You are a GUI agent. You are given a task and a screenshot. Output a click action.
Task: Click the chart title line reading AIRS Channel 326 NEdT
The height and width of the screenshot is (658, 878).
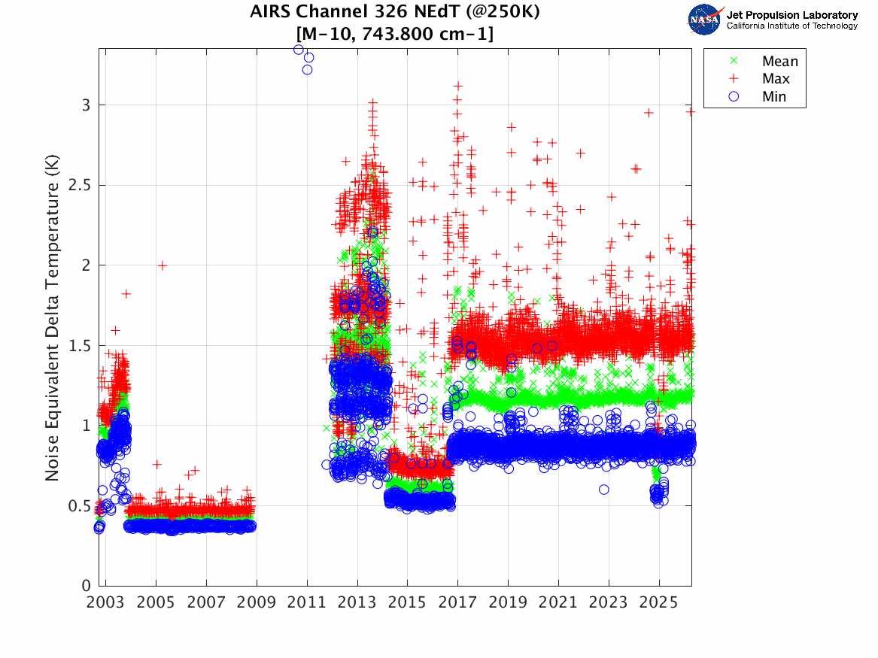point(395,12)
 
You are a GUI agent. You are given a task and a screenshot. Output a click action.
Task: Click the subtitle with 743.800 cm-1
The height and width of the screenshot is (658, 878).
point(395,33)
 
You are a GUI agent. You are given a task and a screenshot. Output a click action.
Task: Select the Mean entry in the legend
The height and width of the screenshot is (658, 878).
point(779,62)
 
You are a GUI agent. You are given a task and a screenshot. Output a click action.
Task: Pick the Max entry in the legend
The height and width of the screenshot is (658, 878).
point(776,79)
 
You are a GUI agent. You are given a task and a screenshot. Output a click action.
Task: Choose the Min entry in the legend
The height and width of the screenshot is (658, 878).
point(774,96)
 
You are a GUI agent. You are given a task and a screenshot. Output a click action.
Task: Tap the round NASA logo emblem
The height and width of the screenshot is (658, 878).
point(705,20)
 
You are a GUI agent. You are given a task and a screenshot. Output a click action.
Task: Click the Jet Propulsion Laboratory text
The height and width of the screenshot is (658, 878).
point(791,15)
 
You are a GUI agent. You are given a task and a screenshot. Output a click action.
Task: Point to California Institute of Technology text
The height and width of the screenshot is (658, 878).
point(791,26)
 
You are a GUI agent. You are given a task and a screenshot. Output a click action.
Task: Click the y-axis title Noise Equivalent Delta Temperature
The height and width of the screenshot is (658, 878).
point(52,317)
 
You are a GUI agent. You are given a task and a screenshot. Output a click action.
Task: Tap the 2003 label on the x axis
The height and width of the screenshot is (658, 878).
point(105,602)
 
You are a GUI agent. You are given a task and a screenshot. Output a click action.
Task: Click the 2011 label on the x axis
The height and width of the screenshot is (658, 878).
point(306,602)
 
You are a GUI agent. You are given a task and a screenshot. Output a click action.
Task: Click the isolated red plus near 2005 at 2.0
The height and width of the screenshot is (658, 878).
point(163,265)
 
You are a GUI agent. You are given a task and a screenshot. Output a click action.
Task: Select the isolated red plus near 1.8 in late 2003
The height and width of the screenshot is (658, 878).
point(126,293)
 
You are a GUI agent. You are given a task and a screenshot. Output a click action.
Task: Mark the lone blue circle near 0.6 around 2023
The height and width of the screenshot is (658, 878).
point(604,490)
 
